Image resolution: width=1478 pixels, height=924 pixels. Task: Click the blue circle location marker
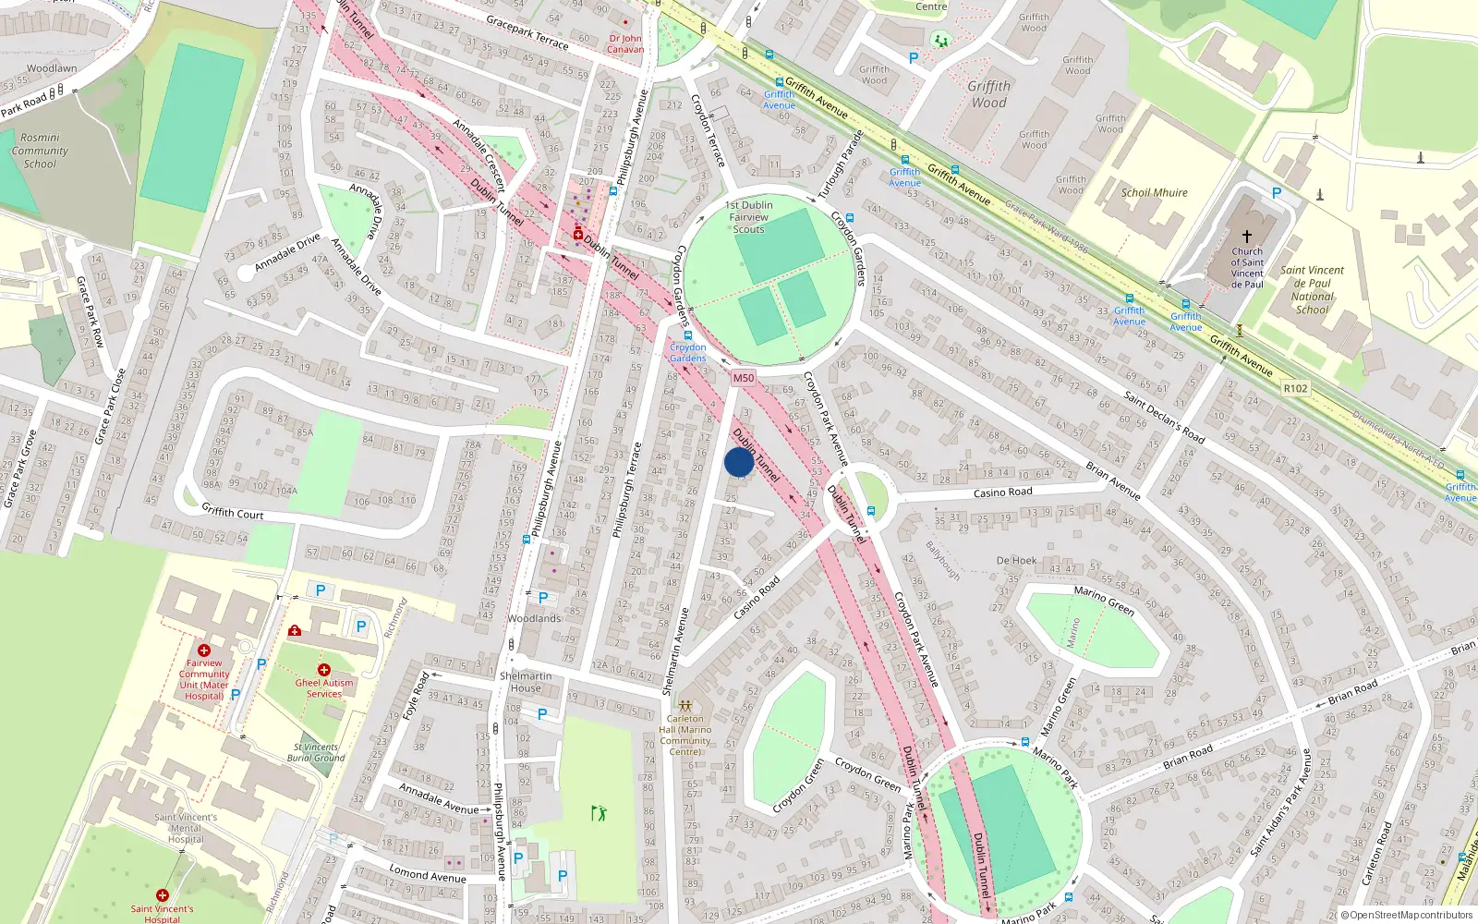click(739, 462)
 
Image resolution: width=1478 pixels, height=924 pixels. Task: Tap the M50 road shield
click(744, 378)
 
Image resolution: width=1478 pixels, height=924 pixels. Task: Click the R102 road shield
click(1295, 388)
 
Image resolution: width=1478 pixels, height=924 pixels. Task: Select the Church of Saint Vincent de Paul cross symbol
click(1246, 237)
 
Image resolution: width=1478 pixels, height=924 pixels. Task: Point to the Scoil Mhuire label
click(1154, 193)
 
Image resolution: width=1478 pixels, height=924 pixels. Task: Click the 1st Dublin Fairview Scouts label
click(749, 217)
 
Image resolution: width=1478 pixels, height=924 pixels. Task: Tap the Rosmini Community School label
click(40, 151)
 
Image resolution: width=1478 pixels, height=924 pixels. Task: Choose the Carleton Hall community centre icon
click(684, 706)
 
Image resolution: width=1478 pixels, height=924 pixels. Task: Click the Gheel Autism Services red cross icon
click(323, 670)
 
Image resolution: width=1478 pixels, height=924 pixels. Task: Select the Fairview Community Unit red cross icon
click(204, 650)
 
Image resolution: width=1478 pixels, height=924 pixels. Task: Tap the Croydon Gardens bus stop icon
click(687, 336)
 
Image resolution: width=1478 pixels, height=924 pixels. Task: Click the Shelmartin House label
click(526, 682)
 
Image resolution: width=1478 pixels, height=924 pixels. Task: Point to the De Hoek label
click(1016, 561)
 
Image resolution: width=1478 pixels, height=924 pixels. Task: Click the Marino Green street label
click(1104, 602)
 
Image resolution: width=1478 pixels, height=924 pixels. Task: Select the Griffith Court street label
click(233, 513)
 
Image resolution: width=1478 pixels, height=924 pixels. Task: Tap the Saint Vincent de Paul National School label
click(1312, 290)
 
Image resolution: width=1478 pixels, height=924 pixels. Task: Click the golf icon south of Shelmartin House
click(599, 813)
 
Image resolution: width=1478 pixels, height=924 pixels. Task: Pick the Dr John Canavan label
click(625, 44)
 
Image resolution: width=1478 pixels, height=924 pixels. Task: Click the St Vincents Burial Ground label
click(316, 752)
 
